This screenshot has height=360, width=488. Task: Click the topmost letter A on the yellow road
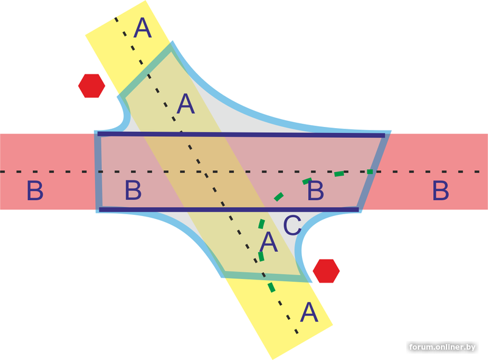pos(142,28)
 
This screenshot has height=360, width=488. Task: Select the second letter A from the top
pos(185,104)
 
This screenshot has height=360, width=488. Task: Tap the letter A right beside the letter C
pos(268,243)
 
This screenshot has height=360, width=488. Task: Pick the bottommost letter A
pos(309,313)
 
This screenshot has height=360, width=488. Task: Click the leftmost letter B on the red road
pos(35,192)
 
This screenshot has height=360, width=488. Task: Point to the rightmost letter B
pos(440,191)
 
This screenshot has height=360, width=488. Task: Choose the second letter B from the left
pos(133,191)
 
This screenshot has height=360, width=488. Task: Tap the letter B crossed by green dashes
pos(315,190)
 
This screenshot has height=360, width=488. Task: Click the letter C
pos(292,226)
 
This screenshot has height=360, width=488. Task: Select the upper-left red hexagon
pos(91,85)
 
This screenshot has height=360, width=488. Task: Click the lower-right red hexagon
pos(326,271)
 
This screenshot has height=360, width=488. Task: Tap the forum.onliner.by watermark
pos(442,347)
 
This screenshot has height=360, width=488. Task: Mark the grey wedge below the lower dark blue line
pos(183,220)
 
